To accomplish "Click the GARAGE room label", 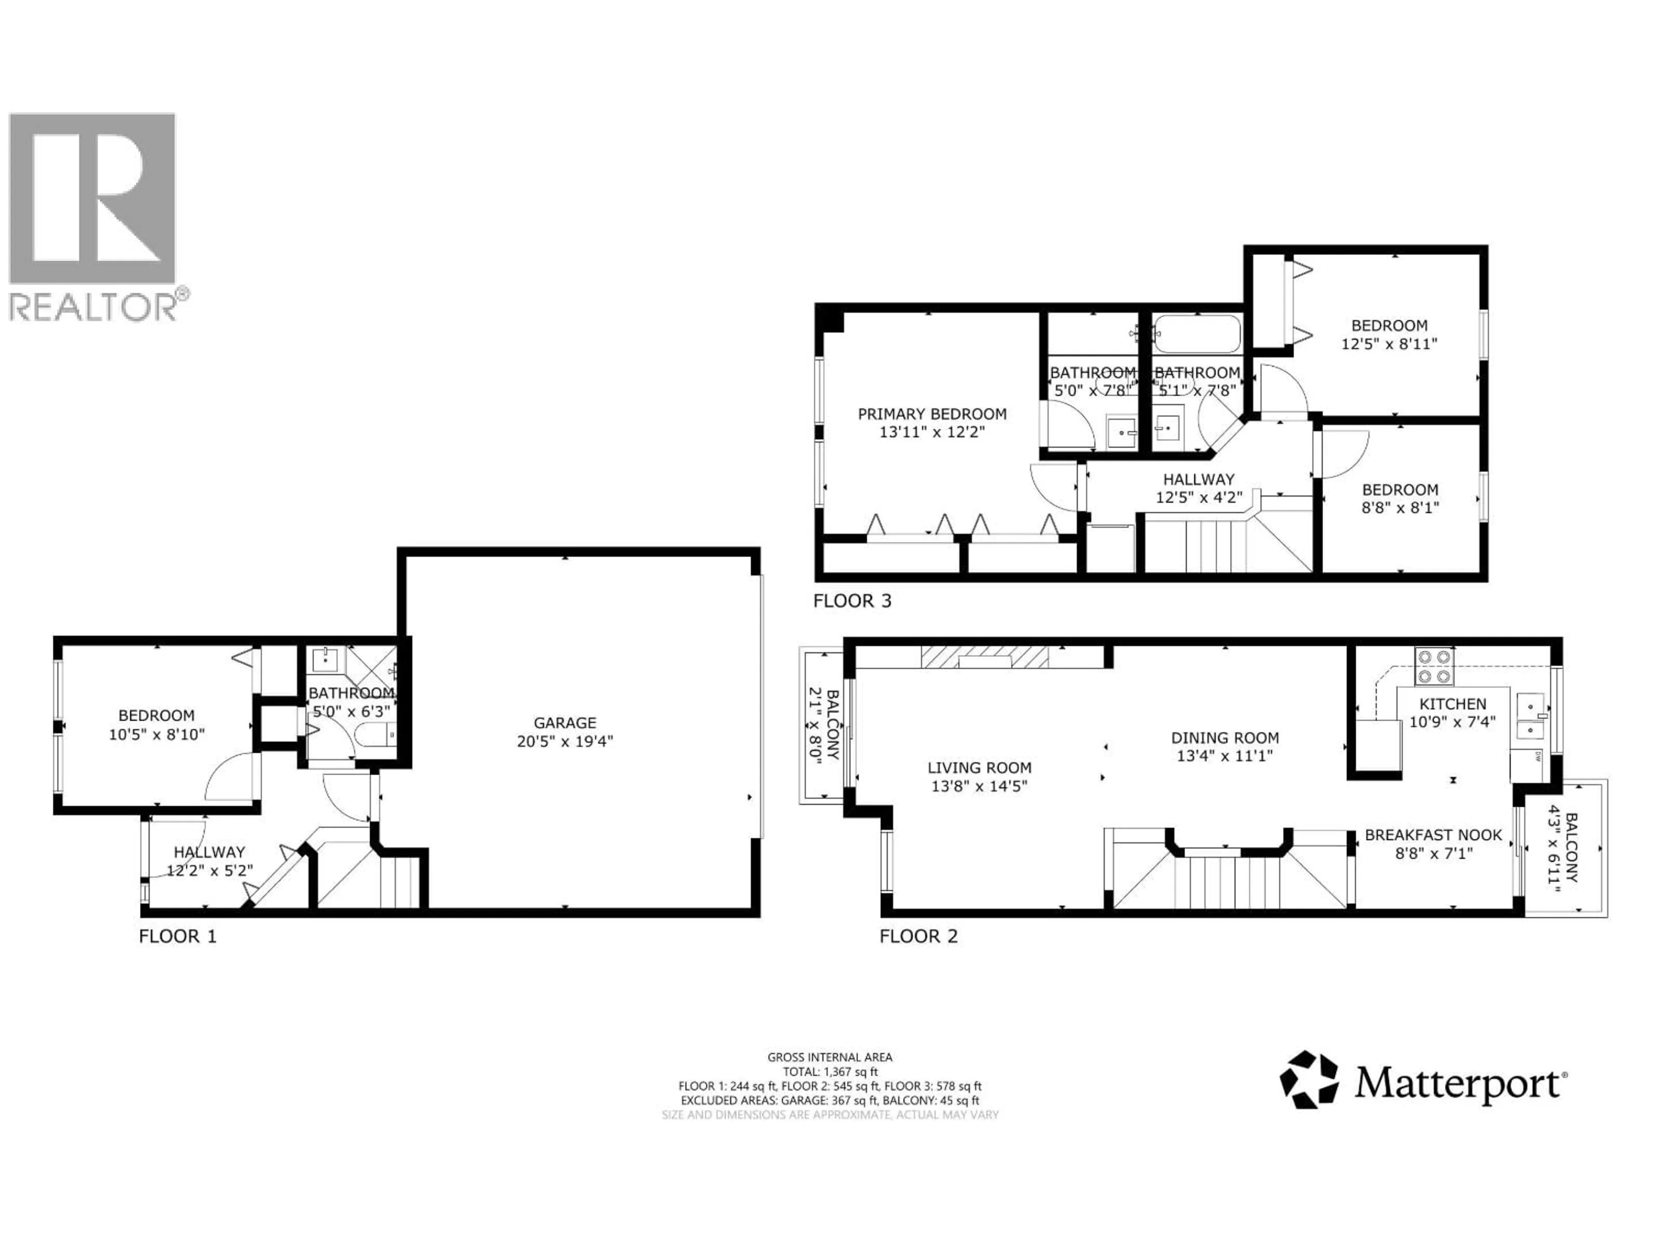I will coord(564,723).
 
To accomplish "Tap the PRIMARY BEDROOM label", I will coord(932,414).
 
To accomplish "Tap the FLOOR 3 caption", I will coord(852,601).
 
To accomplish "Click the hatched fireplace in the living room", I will coord(985,658).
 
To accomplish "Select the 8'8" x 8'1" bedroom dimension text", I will coord(1400,508).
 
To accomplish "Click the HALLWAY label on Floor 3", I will coord(1199,479).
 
